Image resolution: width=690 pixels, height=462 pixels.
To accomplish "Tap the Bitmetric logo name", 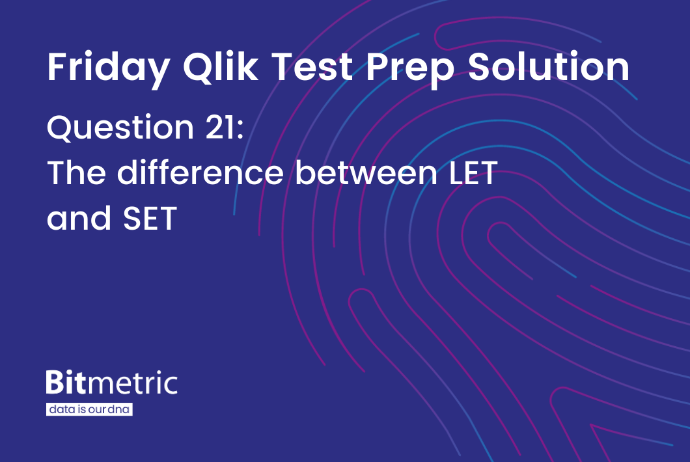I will point(111,383).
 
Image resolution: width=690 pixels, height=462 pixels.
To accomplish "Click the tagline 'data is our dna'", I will point(90,410).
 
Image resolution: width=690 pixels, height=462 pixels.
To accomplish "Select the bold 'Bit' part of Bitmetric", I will point(66,383).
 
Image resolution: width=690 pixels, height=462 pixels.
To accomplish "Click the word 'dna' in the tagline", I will point(122,410).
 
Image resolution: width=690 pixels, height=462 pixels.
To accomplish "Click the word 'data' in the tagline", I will point(59,410).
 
